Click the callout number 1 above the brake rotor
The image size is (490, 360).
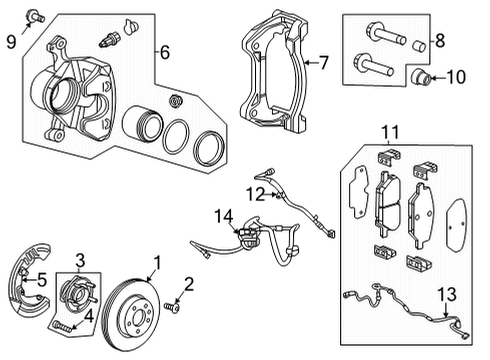[x=155, y=264]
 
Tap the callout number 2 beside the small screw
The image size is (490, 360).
[x=188, y=283]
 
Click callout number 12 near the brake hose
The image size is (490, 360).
[x=257, y=191]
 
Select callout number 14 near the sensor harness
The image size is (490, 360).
[x=222, y=214]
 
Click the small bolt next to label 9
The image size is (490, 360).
[x=36, y=15]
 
